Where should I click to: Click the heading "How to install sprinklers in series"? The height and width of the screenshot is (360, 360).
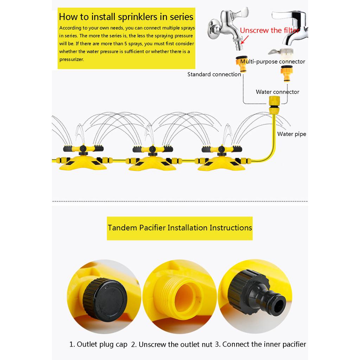coord(126,17)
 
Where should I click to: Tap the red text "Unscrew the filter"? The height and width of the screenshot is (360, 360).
coord(270,31)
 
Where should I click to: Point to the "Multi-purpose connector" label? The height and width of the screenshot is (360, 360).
coord(273,62)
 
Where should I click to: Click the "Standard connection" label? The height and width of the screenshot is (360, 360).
coord(214,74)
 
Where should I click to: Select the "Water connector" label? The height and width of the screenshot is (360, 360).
coord(277,92)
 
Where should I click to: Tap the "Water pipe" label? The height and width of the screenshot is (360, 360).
coord(291,134)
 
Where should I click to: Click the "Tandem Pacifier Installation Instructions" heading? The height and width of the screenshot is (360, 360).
coord(180,227)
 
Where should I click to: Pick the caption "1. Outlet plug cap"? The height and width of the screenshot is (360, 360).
coord(98,344)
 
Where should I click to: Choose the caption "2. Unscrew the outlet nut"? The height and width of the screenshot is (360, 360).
coord(172,345)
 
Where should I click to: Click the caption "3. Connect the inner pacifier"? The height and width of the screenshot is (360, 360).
coord(261,344)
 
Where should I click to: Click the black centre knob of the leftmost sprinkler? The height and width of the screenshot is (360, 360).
coord(83,153)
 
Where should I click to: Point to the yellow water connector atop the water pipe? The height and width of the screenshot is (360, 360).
coord(274,104)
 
